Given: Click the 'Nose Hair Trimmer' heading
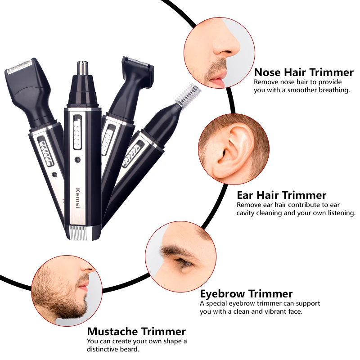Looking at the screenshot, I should [304, 72].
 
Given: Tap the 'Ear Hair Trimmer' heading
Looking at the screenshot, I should [281, 195].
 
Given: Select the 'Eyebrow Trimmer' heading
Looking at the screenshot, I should [246, 294].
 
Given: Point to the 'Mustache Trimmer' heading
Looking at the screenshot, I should [136, 332].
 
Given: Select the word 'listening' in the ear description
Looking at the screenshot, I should [337, 213].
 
